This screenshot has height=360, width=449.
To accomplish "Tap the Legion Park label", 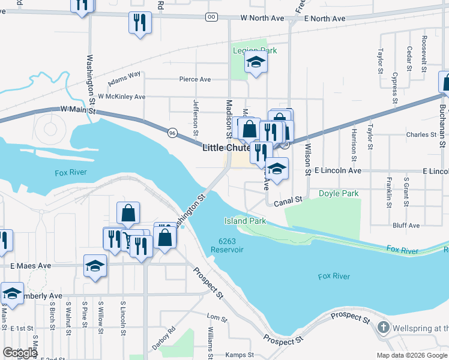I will pos(255,51).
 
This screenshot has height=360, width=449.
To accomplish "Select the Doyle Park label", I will pos(338,194).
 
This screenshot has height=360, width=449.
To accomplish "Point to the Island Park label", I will pos(245,221).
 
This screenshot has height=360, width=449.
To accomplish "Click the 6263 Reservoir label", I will pos(227,245).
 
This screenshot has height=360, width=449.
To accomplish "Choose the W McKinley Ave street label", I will pos(122,97).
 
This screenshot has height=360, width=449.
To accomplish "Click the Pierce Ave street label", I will pos(195,79).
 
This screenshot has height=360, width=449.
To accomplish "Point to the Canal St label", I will pos(287,203).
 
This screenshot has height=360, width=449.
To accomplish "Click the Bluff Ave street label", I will pos(406,226).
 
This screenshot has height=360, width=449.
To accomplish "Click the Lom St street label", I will pos(214,316).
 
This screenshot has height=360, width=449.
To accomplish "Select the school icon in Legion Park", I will pos(256,63).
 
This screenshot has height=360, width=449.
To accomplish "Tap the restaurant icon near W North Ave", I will pos(140,23).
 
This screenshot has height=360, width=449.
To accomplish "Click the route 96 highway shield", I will pos(172,132).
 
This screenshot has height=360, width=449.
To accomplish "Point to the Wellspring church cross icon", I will pos(384,328).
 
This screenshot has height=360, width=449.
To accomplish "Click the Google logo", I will pos(19,353).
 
